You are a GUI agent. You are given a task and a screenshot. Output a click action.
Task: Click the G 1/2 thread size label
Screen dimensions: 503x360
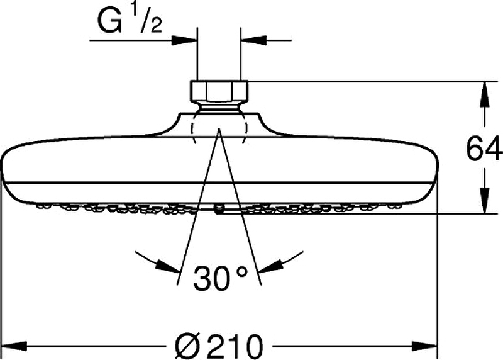130,21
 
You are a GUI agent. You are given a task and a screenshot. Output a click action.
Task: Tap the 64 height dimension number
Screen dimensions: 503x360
484,149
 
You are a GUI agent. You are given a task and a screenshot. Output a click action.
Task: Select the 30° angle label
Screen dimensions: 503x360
221,278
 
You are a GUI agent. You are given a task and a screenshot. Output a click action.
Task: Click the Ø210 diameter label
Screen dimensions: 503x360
219,346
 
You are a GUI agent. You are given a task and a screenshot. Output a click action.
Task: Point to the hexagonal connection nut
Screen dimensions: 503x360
219,91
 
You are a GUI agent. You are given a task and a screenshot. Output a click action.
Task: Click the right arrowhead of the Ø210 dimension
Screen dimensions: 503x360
425,347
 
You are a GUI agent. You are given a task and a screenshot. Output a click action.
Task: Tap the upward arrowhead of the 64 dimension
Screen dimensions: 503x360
485,94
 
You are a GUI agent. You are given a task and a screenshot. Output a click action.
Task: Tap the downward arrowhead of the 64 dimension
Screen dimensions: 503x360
485,201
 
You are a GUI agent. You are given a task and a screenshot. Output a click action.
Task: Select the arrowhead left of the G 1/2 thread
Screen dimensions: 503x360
184,40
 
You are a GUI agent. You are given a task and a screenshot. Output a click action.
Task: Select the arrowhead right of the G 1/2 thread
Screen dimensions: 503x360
254,40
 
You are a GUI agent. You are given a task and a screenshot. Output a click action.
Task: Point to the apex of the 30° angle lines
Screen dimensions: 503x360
219,128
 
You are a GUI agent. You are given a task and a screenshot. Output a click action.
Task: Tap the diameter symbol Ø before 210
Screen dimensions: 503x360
187,346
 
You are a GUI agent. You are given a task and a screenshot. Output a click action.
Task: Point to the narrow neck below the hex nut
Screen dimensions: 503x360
219,107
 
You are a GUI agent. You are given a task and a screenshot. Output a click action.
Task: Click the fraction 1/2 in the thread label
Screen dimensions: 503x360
148,21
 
